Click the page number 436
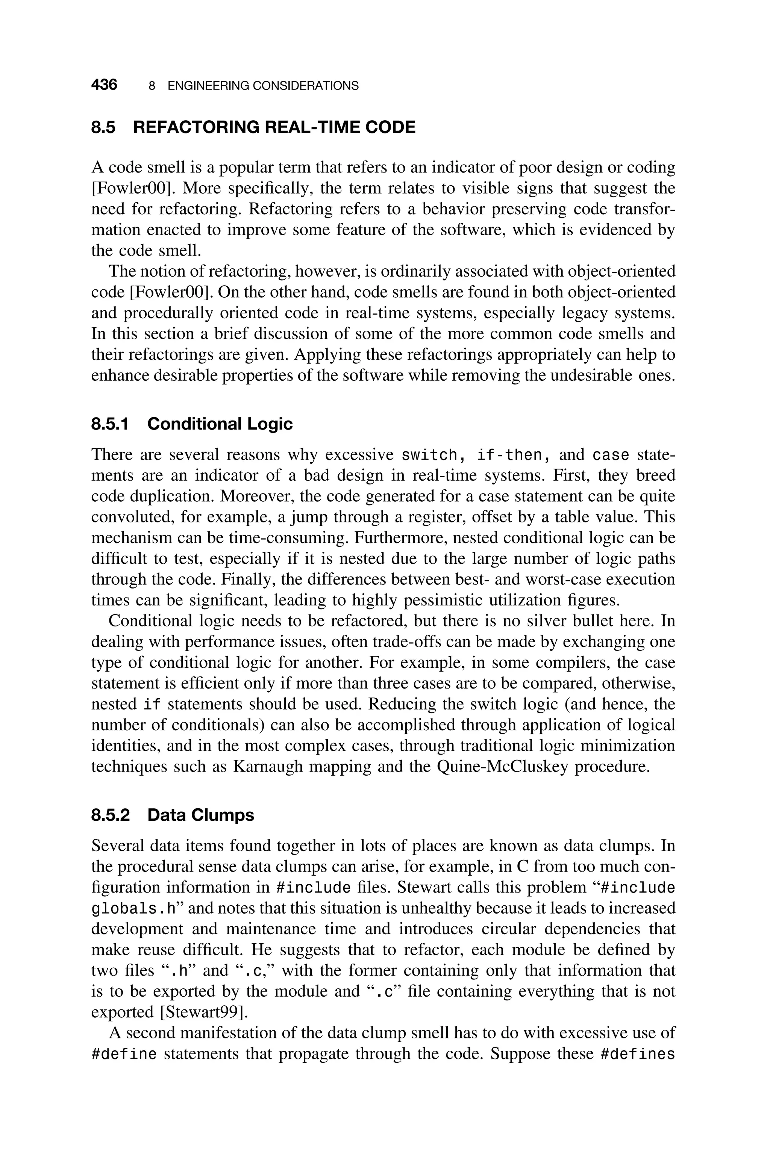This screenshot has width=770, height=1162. tap(104, 85)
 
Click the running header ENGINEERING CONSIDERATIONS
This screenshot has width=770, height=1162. tap(263, 86)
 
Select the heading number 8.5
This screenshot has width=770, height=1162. tap(103, 127)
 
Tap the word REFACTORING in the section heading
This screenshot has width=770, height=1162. tap(196, 127)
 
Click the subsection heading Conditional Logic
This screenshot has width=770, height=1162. tap(220, 424)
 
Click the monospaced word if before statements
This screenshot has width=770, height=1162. tap(152, 705)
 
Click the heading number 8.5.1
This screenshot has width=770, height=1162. tap(110, 424)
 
